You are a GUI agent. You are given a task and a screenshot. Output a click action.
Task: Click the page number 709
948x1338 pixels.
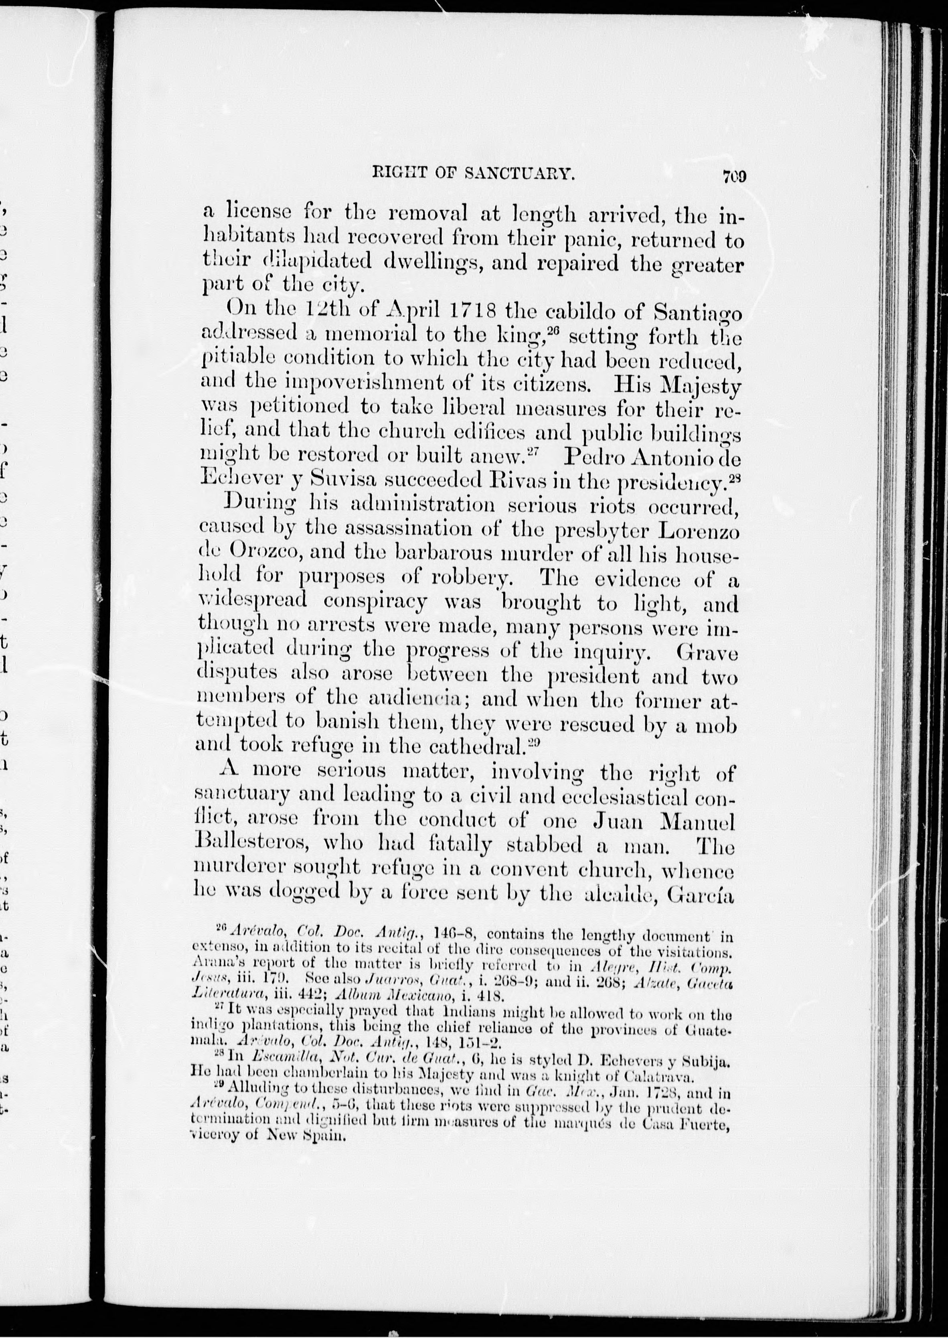734,176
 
